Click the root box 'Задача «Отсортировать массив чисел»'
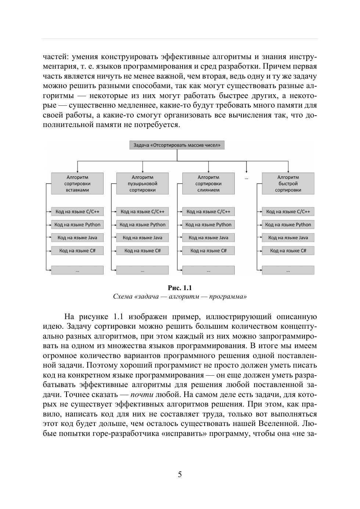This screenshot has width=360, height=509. point(177,145)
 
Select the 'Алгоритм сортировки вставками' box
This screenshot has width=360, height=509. point(77,184)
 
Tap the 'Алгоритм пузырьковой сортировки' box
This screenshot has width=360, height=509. point(143,184)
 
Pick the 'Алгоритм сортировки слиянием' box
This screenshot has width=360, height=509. point(208,184)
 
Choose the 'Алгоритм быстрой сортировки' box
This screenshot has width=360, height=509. point(288,184)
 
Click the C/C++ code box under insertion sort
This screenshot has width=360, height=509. point(77,212)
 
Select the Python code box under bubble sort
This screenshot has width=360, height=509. point(143,225)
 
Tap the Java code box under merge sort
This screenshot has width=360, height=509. point(208,238)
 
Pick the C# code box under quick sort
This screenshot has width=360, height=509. point(288,251)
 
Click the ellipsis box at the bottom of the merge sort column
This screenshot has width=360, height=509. point(208,270)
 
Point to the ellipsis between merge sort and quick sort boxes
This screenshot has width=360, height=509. point(246,178)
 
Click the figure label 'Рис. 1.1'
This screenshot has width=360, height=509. point(180,288)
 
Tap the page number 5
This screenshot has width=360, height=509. point(180,474)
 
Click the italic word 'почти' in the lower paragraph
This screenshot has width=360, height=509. point(142,395)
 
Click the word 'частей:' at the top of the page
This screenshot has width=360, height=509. point(56,57)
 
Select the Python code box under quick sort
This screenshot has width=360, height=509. point(288,225)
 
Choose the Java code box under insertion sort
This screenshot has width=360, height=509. point(77,238)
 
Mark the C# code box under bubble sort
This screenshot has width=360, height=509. point(143,251)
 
